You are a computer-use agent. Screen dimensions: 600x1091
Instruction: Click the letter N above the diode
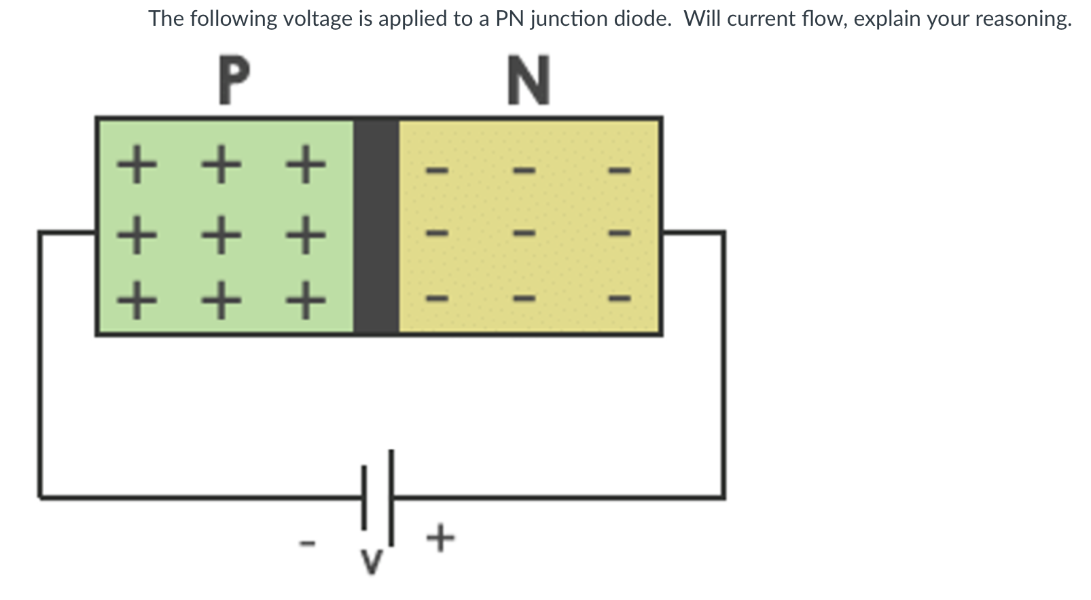[x=529, y=80]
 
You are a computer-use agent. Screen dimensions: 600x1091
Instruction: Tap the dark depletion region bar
[x=376, y=226]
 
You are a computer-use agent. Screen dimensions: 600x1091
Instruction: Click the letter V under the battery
[x=371, y=561]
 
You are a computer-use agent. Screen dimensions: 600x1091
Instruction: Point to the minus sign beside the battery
[x=308, y=542]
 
